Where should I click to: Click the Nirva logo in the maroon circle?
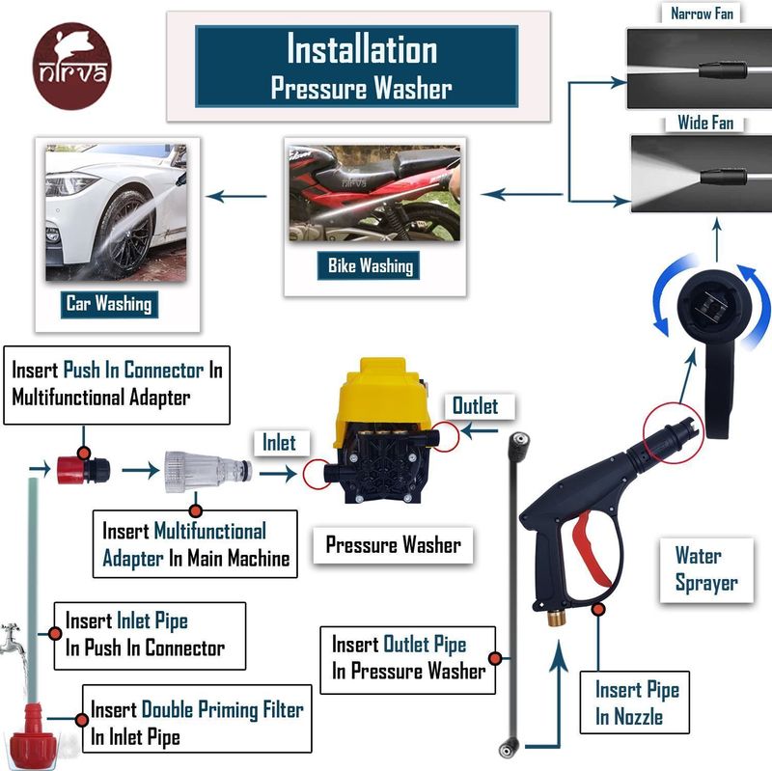pos(71,66)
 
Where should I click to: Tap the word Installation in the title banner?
pos(362,50)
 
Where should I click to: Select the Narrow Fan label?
pos(702,14)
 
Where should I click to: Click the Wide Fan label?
pos(705,123)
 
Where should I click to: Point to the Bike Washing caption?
pos(369,266)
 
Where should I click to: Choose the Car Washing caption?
pos(109,304)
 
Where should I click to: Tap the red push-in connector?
pos(83,470)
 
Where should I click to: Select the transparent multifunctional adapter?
pos(207,472)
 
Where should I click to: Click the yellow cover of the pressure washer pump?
pos(382,393)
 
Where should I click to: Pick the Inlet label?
pos(279,443)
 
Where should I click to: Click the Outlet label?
pos(475,406)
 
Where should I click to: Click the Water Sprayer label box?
pos(706,569)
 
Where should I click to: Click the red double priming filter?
pos(33,738)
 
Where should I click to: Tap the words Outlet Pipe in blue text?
pos(425,645)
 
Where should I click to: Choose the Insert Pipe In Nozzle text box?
pos(634,702)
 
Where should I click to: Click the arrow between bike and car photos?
pos(236,197)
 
